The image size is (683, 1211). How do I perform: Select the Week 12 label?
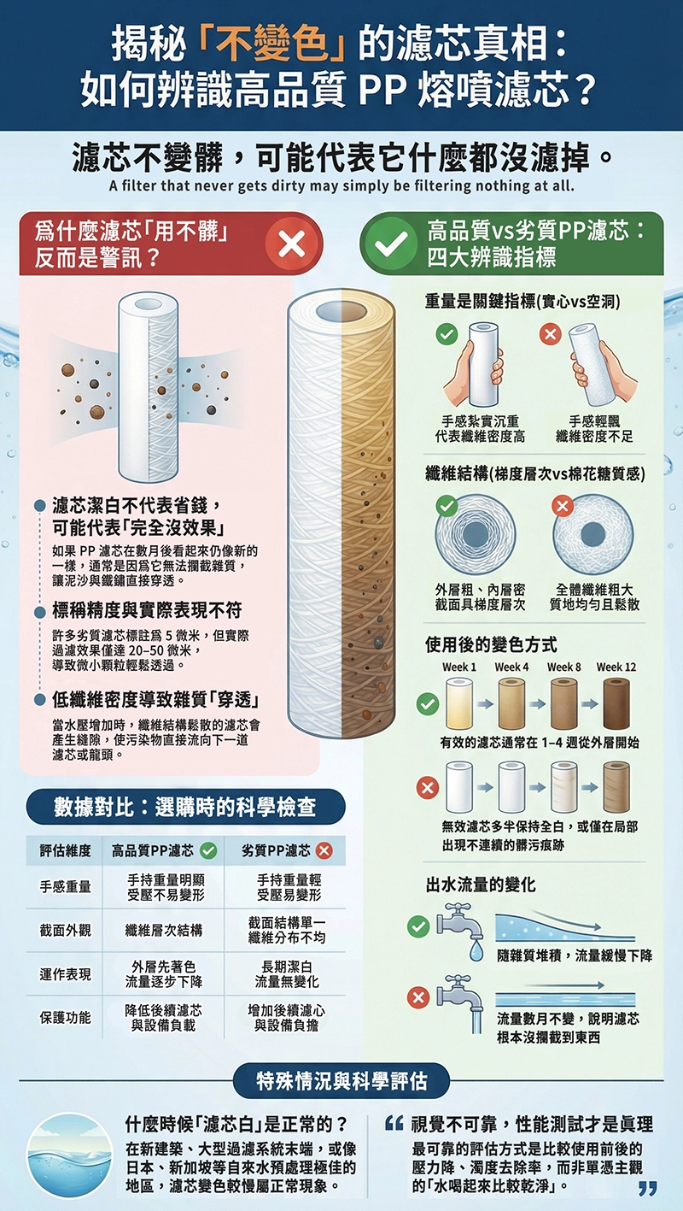click(616, 667)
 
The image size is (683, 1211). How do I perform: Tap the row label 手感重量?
click(66, 887)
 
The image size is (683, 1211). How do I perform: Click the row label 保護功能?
click(66, 1017)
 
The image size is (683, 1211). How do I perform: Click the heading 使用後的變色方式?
click(491, 644)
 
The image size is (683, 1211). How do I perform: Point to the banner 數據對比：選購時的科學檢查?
click(185, 806)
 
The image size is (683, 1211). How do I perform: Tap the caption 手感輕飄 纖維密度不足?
click(594, 429)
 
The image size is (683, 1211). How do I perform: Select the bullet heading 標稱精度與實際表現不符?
click(147, 610)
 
